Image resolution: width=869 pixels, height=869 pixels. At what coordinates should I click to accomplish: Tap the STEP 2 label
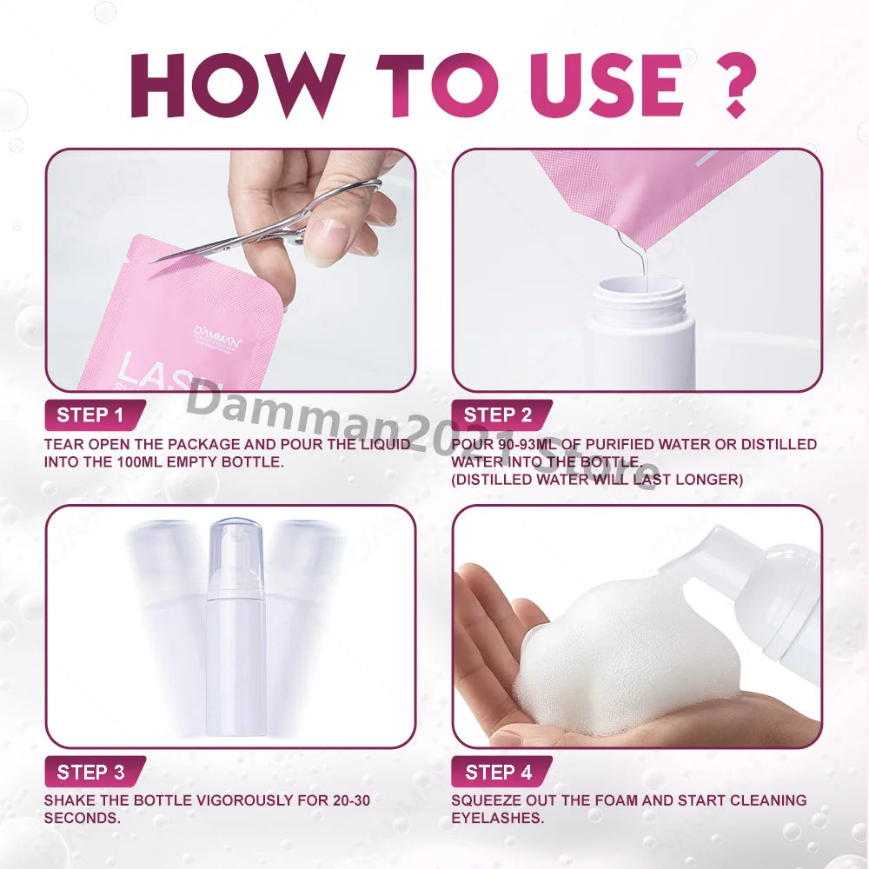click(497, 415)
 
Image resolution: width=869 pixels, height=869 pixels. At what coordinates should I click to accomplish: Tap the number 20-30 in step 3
click(347, 800)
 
